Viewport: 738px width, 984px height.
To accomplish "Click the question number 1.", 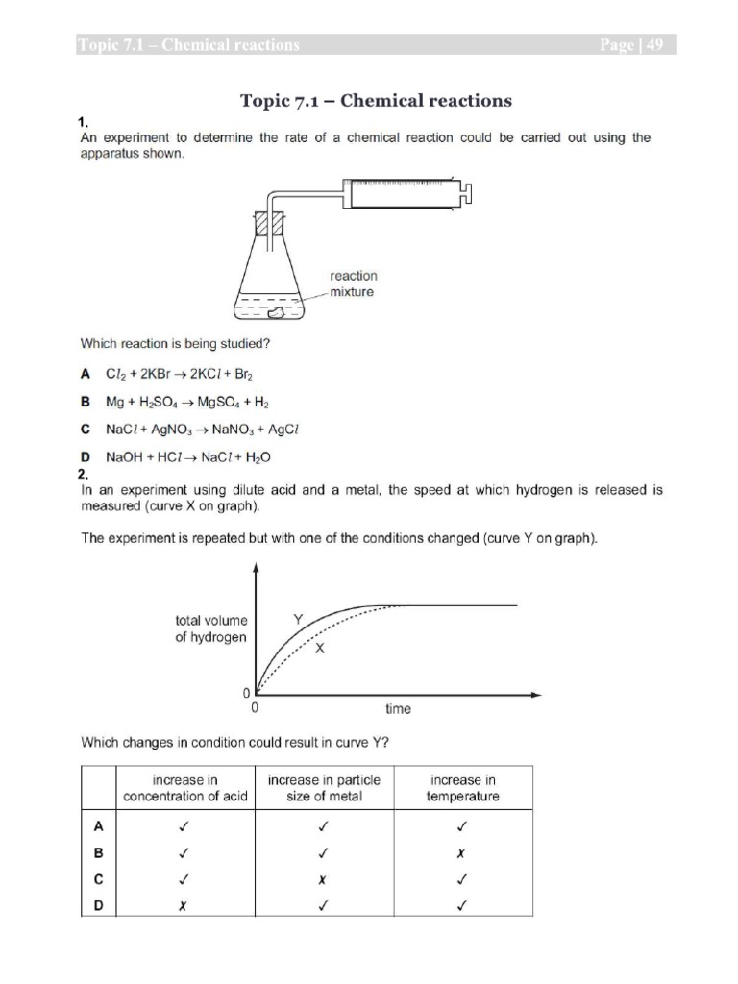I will coord(84,122).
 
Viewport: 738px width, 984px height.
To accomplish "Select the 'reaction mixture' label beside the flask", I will coord(354,283).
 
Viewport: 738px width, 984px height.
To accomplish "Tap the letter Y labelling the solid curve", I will coord(299,621).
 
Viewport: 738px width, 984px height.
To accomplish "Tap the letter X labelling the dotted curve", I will coord(321,649).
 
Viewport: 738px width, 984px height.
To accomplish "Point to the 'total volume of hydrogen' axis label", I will coord(210,628).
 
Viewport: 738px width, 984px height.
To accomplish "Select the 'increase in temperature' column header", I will coord(464,788).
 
